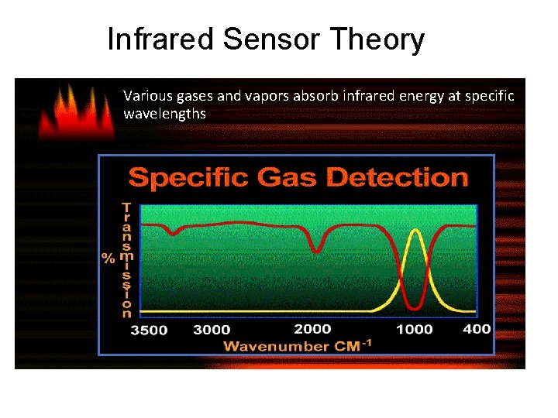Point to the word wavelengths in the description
point(164,114)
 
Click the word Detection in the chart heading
point(398,177)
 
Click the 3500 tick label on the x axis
point(149,331)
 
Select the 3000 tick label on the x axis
point(212,330)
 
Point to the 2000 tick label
point(313,329)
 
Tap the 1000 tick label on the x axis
point(414,329)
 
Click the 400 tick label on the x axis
point(477,328)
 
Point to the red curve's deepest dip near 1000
point(416,307)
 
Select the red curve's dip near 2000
point(316,250)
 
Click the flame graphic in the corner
point(76,112)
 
